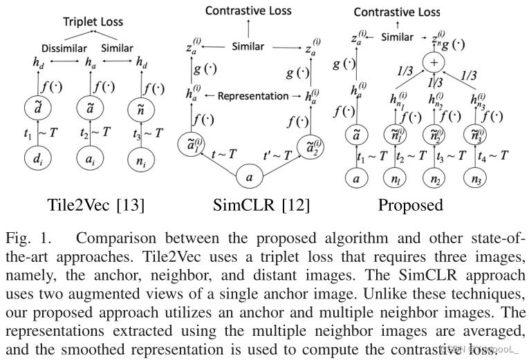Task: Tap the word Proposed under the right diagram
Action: [411, 206]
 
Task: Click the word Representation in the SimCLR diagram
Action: [252, 97]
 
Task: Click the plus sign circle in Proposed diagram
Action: [435, 61]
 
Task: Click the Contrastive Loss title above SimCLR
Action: [249, 10]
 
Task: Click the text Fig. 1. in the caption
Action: [29, 239]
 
